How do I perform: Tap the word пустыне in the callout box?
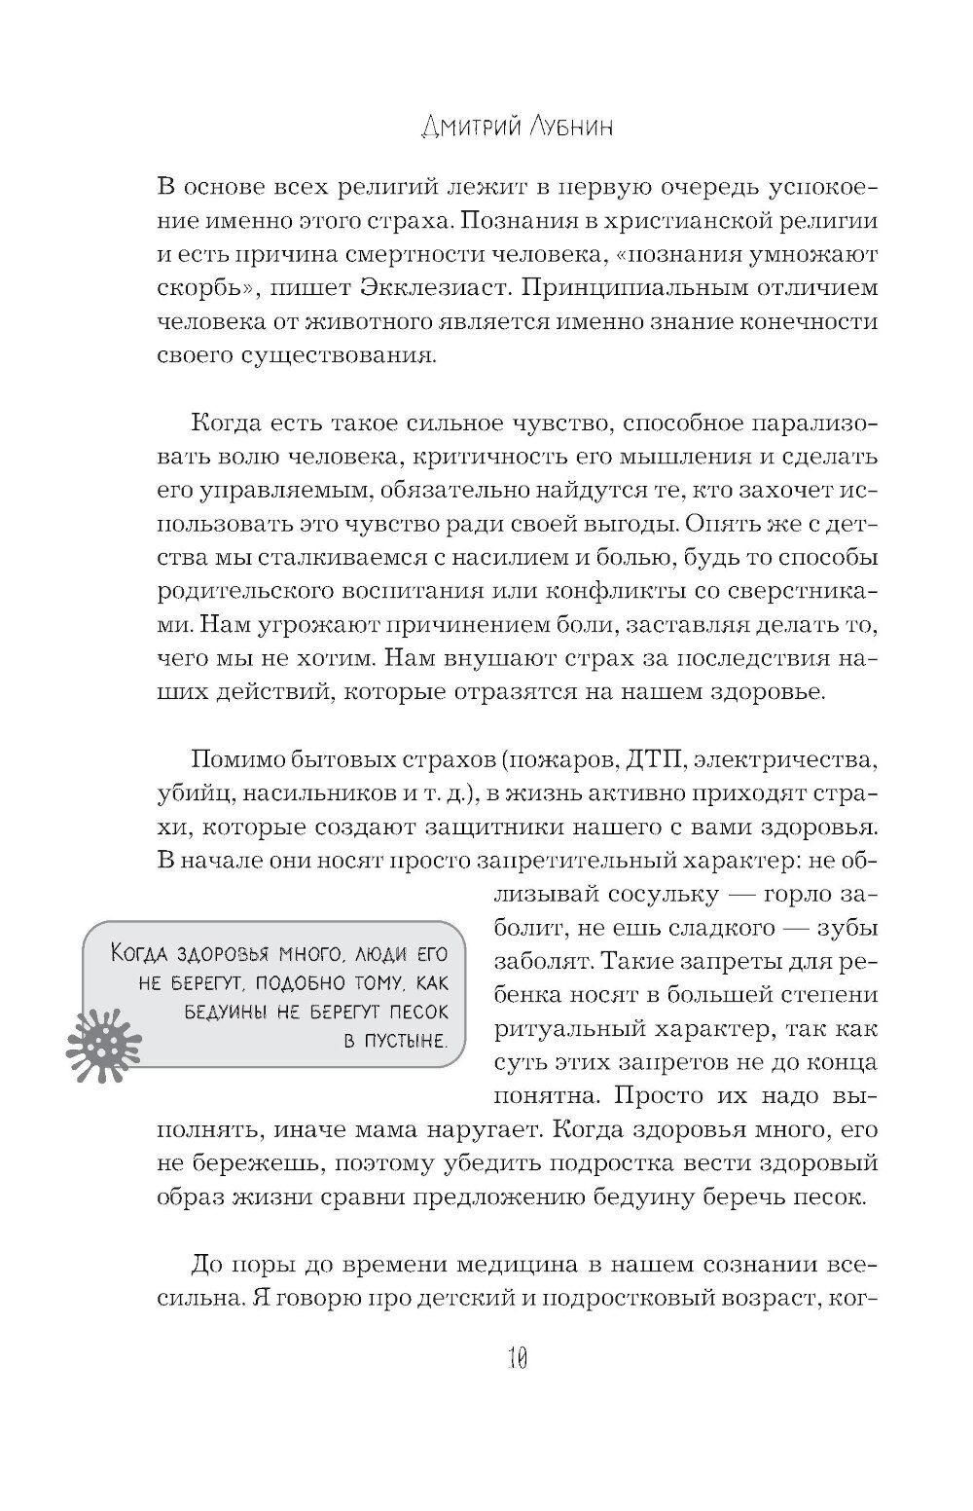[406, 1042]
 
